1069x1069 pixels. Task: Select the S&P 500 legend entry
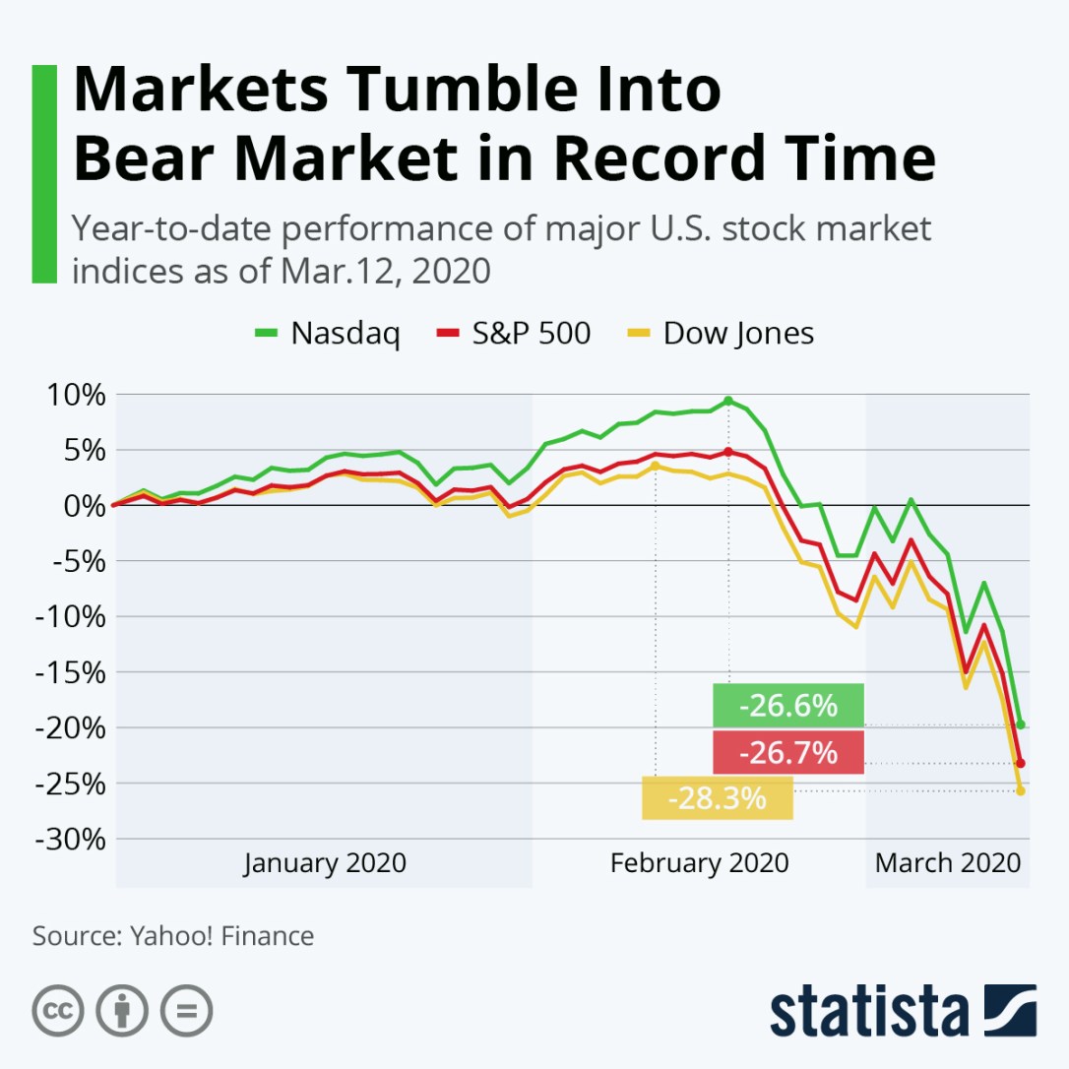coord(513,334)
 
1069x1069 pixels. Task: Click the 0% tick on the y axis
coord(81,506)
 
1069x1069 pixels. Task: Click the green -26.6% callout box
coord(787,706)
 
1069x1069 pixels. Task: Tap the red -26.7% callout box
coord(787,753)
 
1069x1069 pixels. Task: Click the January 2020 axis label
coord(325,863)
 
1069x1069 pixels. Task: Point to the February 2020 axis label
coord(699,863)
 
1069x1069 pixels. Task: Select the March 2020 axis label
coord(947,863)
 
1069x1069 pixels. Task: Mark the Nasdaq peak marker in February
coord(728,401)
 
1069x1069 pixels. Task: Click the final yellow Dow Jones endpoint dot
coord(1021,790)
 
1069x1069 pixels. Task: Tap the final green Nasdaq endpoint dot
coord(1021,724)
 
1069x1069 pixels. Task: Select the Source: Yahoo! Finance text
coord(173,935)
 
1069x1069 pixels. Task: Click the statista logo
coord(903,1009)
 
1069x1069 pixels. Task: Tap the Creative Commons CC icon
coord(57,1010)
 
